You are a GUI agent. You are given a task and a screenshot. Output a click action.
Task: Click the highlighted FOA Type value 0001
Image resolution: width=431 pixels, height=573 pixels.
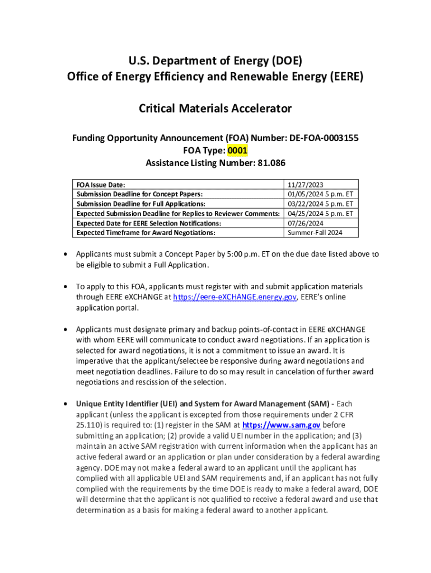click(237, 151)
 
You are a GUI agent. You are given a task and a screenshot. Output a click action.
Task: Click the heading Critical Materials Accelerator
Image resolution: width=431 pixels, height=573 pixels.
click(215, 109)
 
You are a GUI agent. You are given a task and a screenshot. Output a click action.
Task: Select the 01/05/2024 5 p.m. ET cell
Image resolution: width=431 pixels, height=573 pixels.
click(320, 194)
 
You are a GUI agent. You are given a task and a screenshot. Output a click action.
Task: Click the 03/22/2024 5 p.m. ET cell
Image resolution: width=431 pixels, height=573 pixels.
click(320, 204)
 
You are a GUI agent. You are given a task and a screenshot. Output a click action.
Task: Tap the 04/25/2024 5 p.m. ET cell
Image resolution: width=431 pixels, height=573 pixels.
click(320, 213)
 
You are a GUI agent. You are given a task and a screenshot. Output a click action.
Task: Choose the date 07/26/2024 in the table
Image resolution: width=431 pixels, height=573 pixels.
click(306, 223)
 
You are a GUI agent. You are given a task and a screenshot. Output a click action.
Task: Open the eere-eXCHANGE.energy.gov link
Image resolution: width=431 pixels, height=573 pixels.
click(235, 297)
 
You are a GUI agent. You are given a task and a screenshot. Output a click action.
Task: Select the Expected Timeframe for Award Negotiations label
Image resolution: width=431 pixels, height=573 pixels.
click(146, 232)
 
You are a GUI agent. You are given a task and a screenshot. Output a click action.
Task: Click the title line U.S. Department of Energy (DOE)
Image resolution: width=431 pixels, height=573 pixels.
click(215, 60)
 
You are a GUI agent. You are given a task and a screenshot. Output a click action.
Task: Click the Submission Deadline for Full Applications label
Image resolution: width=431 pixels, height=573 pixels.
click(140, 204)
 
